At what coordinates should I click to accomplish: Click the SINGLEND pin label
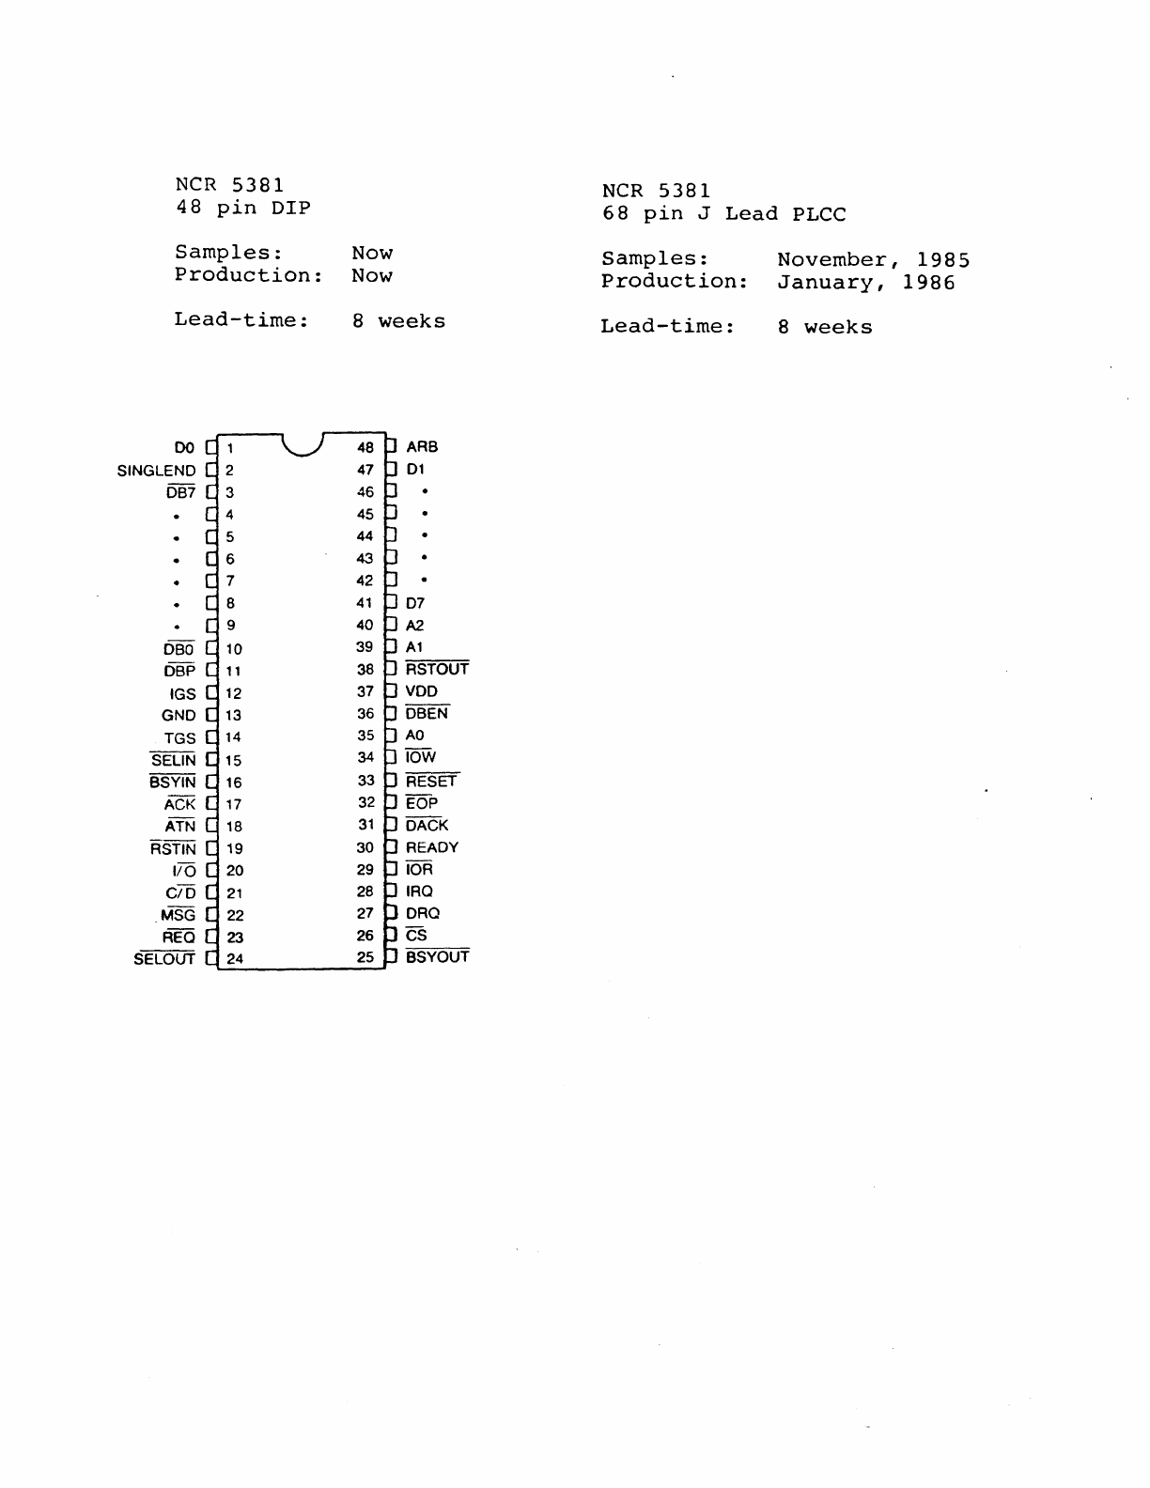(156, 471)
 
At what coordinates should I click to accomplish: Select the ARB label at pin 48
(422, 447)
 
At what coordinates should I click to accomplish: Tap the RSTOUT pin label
(437, 670)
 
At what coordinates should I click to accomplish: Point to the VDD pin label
(422, 691)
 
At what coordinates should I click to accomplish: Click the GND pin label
(179, 716)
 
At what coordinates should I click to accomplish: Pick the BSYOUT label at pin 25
(437, 957)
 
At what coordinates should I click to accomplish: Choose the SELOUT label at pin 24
(164, 959)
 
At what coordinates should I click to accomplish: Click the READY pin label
(432, 847)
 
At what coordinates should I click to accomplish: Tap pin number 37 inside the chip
(365, 691)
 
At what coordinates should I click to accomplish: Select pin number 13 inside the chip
(233, 716)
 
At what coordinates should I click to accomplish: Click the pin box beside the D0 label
(210, 448)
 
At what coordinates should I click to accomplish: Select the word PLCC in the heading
(818, 214)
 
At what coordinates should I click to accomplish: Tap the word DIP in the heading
(291, 209)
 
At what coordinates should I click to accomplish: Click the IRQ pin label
(419, 891)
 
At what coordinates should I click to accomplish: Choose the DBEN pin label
(427, 714)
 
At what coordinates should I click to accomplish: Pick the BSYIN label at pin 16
(173, 783)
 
